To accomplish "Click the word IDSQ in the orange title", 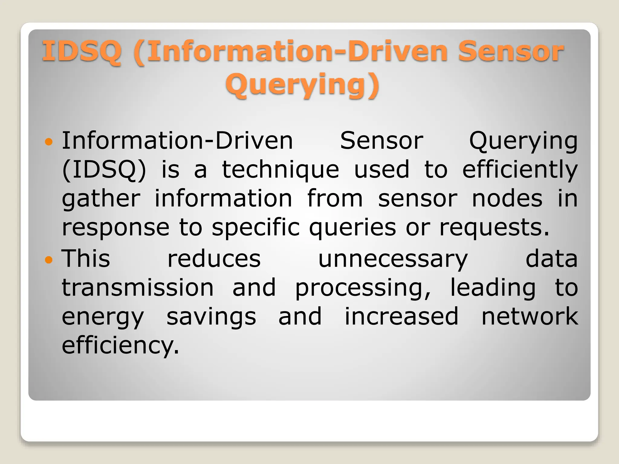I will [x=82, y=51].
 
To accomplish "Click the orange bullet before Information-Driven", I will [x=48, y=141].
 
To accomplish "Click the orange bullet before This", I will [x=48, y=259].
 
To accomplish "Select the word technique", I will [x=280, y=170].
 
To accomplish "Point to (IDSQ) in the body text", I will [x=104, y=170].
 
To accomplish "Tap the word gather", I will [x=101, y=199].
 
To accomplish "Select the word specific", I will [x=256, y=228].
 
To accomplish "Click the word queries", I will [x=352, y=228].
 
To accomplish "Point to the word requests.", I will [x=494, y=228].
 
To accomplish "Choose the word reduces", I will [x=214, y=259].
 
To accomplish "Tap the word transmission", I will [x=138, y=288].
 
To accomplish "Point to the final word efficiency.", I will [x=120, y=346].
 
